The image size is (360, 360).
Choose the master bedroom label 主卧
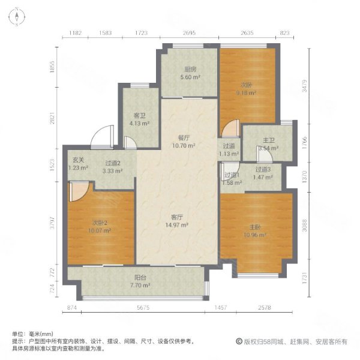click(x=254, y=227)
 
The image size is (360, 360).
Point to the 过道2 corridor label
click(x=113, y=163)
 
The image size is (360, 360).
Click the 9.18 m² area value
click(x=247, y=93)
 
